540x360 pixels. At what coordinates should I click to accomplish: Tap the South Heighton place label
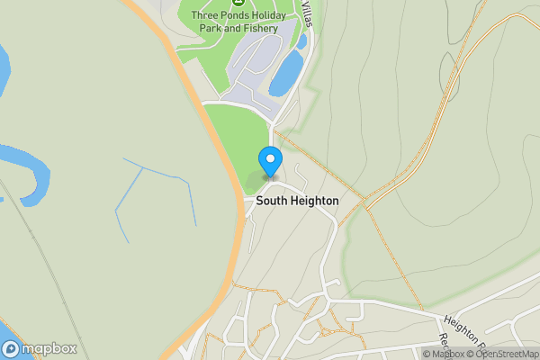pos(297,201)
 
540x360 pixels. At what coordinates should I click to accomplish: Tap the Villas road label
pos(308,13)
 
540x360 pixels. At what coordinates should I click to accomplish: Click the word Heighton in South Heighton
pos(314,201)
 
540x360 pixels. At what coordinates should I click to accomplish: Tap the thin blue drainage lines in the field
pos(153,193)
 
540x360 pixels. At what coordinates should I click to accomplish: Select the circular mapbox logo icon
pos(12,348)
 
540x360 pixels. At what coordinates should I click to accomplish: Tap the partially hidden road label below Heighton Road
pos(443,343)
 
